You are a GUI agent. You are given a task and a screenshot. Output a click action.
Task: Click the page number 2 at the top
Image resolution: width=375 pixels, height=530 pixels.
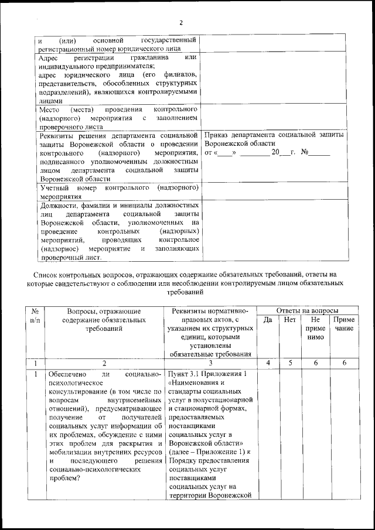click(181, 23)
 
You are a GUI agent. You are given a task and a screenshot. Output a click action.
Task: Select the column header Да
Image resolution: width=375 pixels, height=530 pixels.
click(268, 320)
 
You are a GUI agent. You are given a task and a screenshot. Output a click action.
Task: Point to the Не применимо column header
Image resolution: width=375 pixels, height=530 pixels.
click(315, 329)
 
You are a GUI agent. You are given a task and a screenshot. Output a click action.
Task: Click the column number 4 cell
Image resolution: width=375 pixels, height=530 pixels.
click(268, 363)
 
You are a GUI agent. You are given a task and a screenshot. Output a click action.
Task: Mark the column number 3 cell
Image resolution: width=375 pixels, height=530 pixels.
click(210, 363)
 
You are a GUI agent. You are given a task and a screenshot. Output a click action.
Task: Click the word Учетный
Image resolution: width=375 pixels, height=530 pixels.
click(56, 188)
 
